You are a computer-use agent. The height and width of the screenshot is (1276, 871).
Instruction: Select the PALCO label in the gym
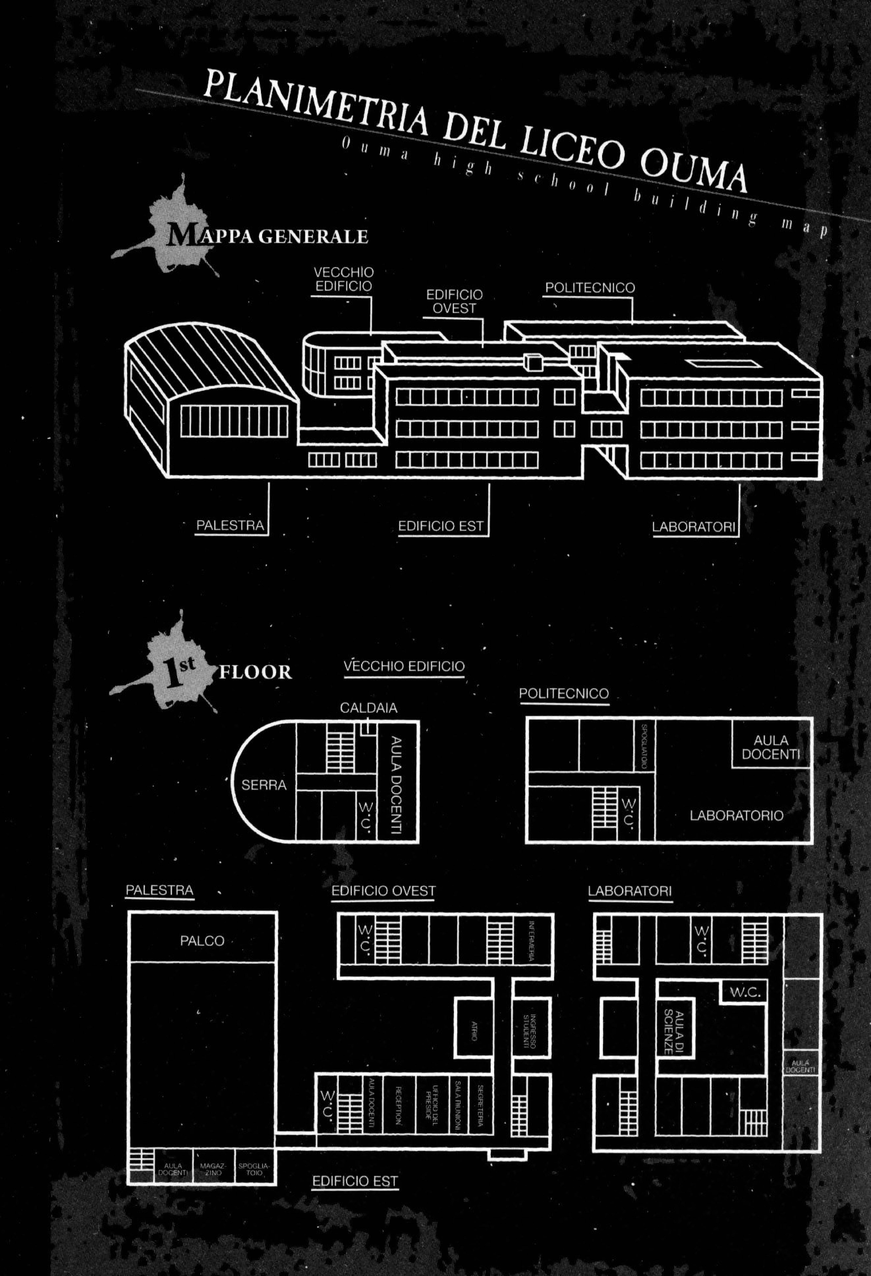click(202, 940)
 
